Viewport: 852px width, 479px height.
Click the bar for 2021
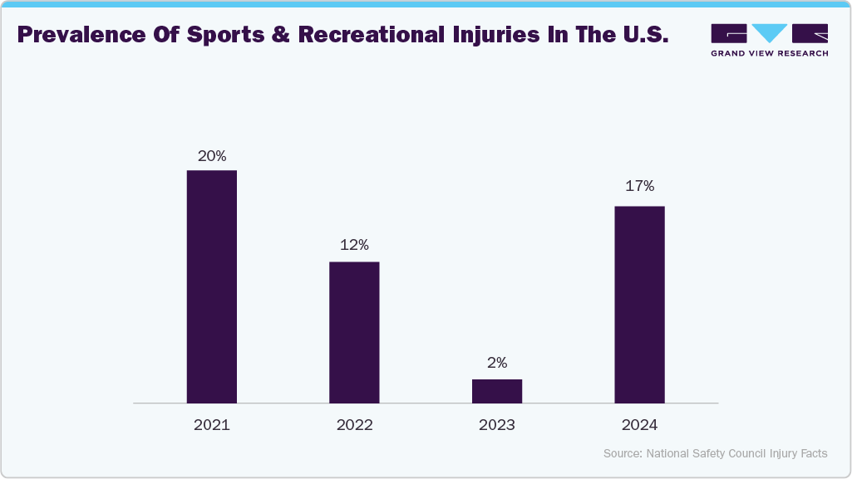point(211,286)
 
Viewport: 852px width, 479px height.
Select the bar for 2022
point(354,332)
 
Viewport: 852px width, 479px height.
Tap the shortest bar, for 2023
point(497,391)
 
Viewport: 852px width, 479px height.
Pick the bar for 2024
point(639,305)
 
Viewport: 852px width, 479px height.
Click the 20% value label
point(211,155)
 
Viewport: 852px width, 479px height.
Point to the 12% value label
point(354,246)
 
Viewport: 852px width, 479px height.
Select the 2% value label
point(497,363)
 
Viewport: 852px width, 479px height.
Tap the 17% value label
point(639,186)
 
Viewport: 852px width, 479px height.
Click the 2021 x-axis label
point(211,425)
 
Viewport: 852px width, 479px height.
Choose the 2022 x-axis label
point(354,425)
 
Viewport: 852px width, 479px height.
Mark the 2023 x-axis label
point(497,425)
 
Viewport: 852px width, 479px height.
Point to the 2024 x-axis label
point(639,425)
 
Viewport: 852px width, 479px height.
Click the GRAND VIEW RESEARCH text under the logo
point(769,53)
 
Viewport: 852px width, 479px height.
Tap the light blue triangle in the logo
point(770,32)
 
